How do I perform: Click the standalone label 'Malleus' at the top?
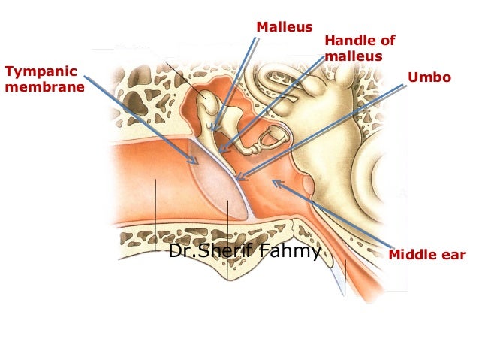tap(284, 28)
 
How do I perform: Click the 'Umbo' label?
tap(428, 77)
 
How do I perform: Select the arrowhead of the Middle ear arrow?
tap(274, 181)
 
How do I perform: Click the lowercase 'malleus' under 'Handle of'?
tap(354, 56)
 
